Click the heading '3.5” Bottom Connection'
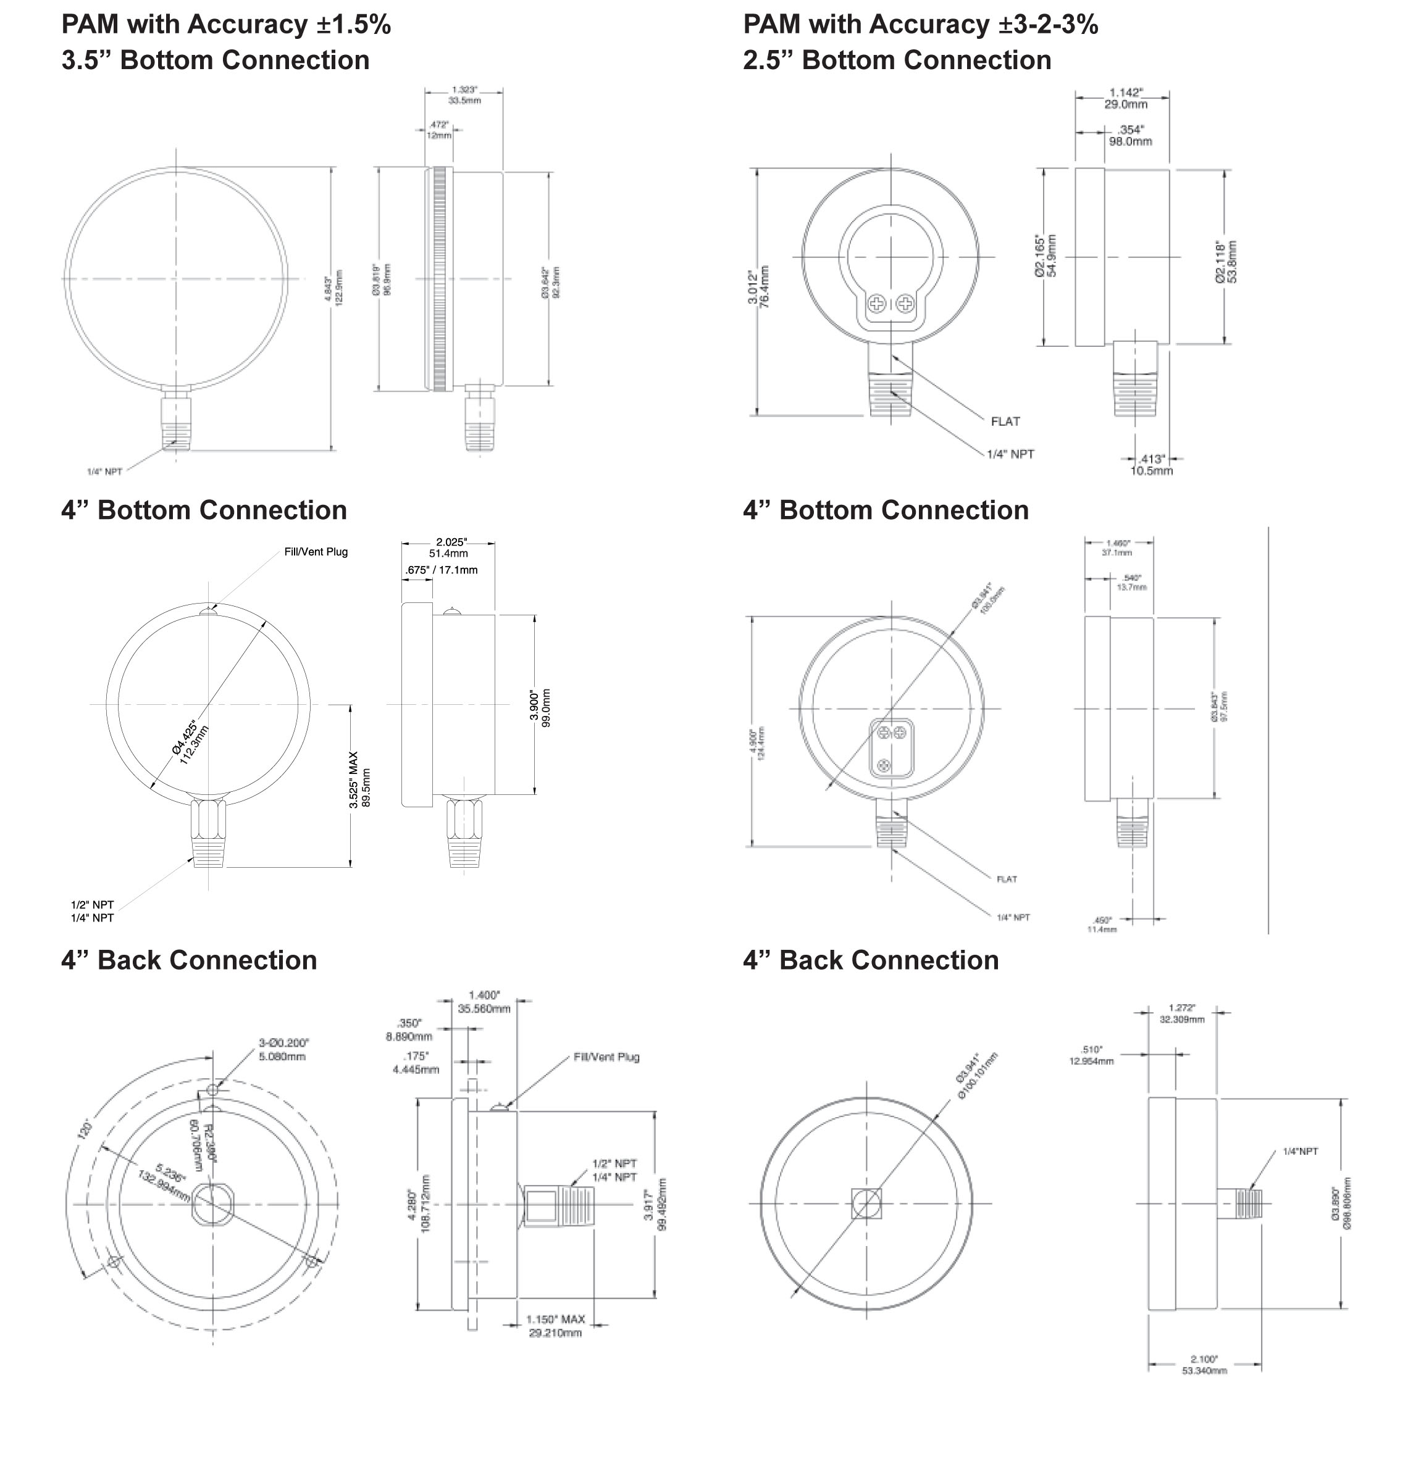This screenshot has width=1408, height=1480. (216, 60)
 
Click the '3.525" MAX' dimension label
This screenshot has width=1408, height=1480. (353, 780)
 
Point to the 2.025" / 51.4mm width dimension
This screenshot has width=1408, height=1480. (450, 547)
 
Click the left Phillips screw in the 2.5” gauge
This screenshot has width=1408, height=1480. (877, 304)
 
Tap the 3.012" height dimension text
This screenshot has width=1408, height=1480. (758, 286)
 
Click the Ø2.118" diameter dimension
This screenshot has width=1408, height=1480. (1226, 262)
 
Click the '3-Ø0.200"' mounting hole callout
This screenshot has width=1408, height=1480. (283, 1049)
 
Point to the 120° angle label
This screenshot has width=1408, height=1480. (86, 1128)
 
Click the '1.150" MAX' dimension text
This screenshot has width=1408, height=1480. (555, 1320)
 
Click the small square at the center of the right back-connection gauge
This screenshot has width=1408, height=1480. (867, 1204)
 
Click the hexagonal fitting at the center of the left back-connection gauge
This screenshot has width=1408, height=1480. (212, 1204)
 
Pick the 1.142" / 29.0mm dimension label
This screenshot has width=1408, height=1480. (1125, 98)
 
